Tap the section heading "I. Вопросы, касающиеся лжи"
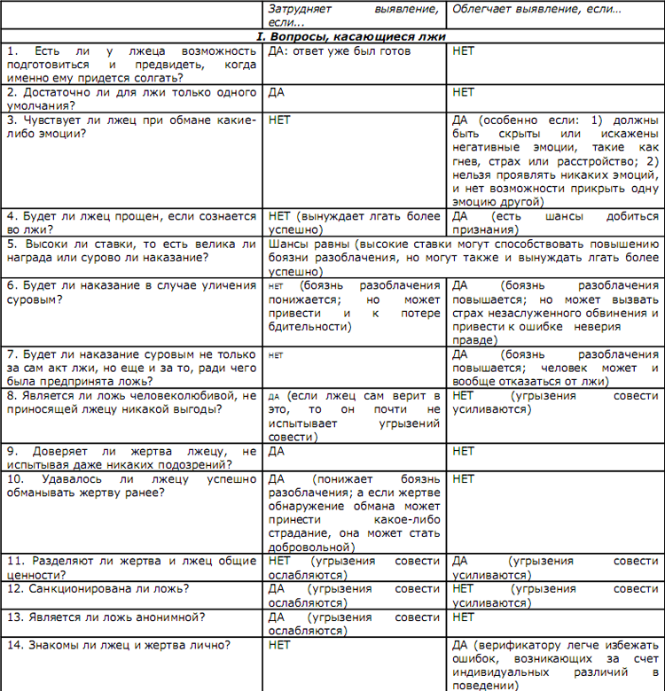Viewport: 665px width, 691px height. (349, 36)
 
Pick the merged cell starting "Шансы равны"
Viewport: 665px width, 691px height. (462, 257)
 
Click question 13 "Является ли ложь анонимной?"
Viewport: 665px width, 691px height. (106, 617)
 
